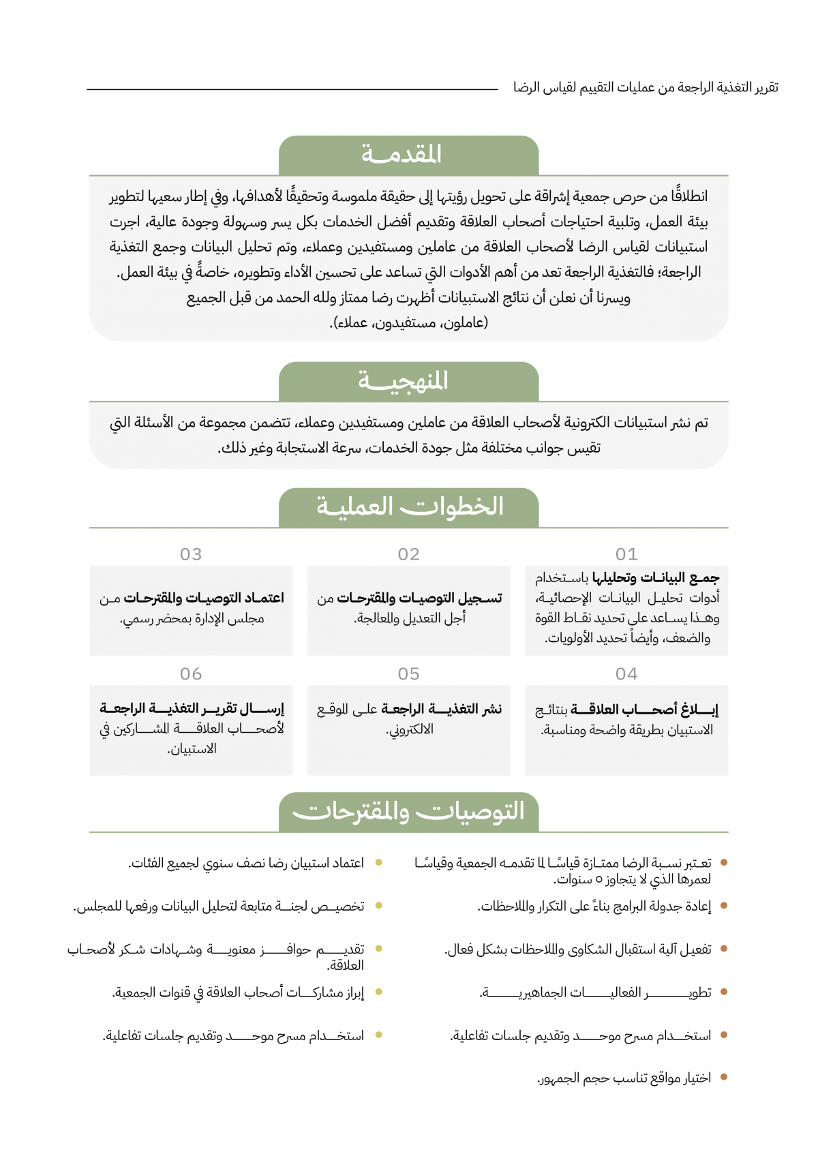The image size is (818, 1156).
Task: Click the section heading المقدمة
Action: [x=402, y=155]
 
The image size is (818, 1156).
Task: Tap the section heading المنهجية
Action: [x=403, y=381]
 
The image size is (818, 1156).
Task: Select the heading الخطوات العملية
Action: [x=410, y=507]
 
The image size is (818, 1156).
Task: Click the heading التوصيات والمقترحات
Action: [x=408, y=812]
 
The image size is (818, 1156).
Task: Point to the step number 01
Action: [x=626, y=554]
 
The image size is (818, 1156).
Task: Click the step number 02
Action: [x=409, y=554]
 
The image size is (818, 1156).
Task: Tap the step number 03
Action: [x=191, y=554]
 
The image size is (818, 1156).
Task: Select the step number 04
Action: [x=626, y=674]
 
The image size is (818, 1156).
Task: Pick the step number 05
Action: [x=409, y=674]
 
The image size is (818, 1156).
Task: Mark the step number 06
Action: [x=191, y=674]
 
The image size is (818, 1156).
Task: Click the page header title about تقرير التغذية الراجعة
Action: [x=646, y=87]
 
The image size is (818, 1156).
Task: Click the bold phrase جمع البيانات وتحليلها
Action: [x=656, y=578]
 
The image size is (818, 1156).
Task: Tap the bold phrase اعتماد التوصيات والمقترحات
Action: [x=204, y=598]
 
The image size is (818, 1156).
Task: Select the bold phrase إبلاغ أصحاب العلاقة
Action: [x=644, y=710]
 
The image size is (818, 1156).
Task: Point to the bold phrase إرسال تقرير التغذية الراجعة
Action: [x=192, y=709]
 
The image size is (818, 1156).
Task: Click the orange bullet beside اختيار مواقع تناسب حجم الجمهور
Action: [x=724, y=1078]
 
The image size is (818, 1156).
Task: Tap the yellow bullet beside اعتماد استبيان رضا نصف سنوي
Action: [x=379, y=863]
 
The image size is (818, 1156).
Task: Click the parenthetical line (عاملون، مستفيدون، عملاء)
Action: [x=409, y=322]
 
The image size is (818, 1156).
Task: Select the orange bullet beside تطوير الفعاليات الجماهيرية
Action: [x=724, y=992]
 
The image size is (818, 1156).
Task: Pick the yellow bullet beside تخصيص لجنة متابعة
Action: [x=379, y=906]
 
